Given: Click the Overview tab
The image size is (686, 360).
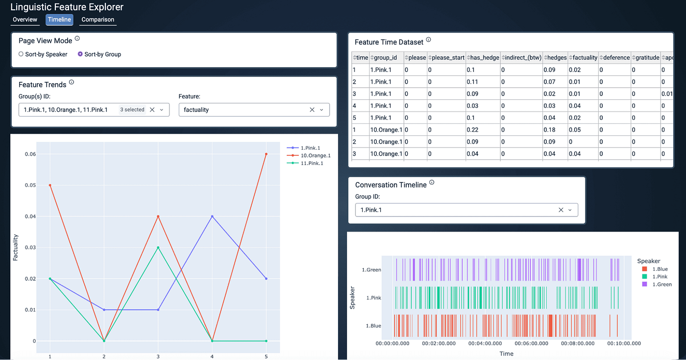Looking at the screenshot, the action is click(x=25, y=20).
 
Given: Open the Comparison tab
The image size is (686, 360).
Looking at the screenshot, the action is click(x=98, y=20).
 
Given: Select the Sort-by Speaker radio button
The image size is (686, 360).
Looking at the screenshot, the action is click(x=21, y=54).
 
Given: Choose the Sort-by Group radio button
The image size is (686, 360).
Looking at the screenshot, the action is click(x=80, y=54).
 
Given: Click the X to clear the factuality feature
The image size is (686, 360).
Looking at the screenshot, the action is click(x=312, y=110).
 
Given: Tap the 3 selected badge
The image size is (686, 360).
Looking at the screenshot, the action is click(x=132, y=110).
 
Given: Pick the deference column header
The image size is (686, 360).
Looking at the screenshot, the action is click(x=614, y=58).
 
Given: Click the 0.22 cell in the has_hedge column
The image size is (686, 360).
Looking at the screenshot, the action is click(x=472, y=130).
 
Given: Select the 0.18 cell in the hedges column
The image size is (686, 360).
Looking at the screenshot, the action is click(x=549, y=130).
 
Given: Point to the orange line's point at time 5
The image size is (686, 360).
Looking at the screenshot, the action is click(x=266, y=154).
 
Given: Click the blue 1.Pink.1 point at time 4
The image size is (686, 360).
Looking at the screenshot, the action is click(x=212, y=216).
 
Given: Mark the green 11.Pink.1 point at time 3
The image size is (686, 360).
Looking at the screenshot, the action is click(x=158, y=247).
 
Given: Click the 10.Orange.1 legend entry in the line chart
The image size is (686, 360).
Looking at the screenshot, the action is click(x=309, y=156).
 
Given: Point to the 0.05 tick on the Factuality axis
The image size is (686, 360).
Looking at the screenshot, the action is click(x=30, y=185).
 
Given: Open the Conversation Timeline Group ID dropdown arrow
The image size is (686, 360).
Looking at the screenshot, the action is click(x=570, y=210).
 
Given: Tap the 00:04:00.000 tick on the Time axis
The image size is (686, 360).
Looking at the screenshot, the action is click(x=485, y=343).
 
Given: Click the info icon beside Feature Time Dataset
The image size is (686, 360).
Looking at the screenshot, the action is click(x=428, y=40).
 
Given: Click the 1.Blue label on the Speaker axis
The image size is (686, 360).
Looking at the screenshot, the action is click(x=373, y=326).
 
